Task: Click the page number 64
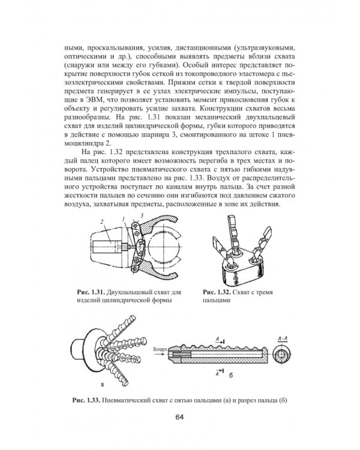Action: point(179,417)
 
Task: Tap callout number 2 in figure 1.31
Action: point(102,222)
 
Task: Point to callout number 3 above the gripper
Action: point(142,215)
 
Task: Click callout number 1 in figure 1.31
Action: point(123,220)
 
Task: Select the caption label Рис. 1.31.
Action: point(90,292)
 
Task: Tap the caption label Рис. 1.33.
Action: point(86,400)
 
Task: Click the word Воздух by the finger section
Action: point(160,350)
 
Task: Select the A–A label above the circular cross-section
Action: point(283,340)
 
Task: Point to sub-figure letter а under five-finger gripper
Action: point(102,384)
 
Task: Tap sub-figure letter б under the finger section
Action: point(231,375)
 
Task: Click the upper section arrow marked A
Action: point(220,341)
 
